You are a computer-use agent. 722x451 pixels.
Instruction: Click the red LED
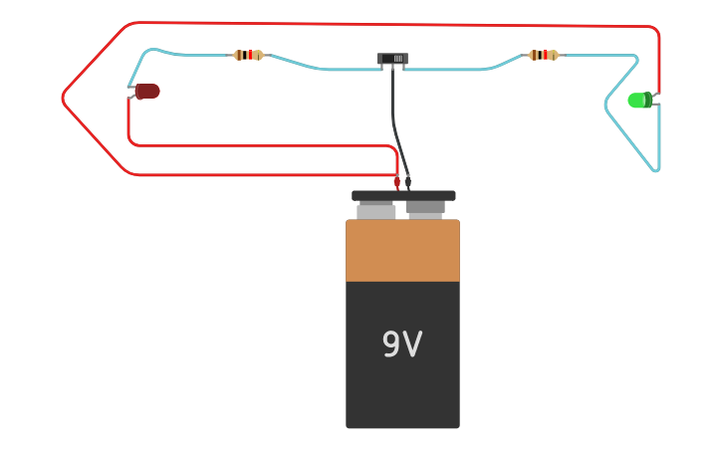147,92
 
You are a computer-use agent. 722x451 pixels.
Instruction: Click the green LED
639,100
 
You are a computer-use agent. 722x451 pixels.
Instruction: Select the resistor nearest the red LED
248,55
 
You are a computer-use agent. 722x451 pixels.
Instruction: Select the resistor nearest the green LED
543,55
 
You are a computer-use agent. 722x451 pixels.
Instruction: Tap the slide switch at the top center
392,59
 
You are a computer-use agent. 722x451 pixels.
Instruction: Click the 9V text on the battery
402,344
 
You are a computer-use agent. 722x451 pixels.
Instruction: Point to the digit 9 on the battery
391,344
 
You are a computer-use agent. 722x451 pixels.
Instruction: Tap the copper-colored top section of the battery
402,251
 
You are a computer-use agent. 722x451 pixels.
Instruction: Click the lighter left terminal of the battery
376,211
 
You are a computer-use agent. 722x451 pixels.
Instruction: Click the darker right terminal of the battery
425,208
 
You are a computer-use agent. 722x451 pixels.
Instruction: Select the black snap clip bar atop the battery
403,196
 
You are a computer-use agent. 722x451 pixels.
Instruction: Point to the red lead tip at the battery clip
396,182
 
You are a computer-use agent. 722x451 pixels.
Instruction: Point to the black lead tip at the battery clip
408,182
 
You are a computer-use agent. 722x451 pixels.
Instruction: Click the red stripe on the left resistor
248,55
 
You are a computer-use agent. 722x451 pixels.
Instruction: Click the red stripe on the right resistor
544,55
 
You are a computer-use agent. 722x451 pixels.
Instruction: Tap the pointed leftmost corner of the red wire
63,98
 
